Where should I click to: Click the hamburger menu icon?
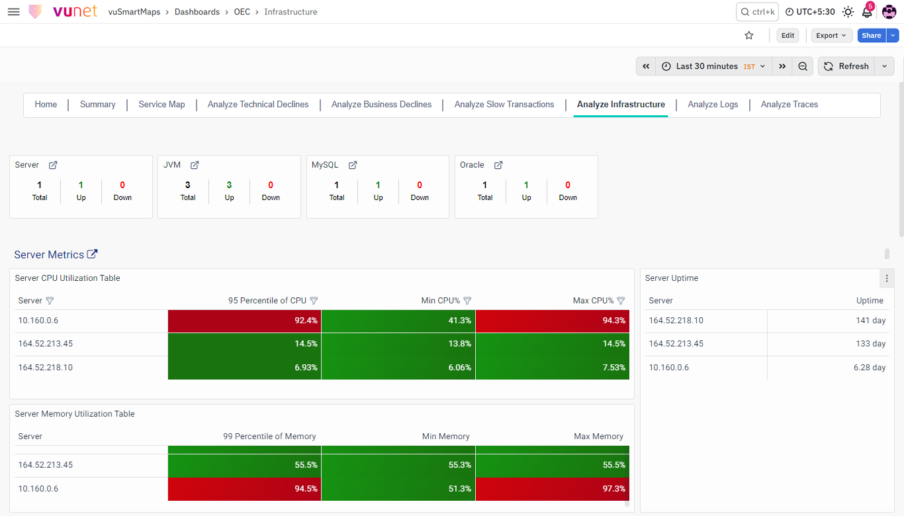[x=14, y=12]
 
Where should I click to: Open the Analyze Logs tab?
[x=713, y=104]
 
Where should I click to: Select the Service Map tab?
[x=161, y=104]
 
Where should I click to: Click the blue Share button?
[x=872, y=36]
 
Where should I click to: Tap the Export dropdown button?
[x=831, y=36]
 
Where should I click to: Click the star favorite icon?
[x=749, y=36]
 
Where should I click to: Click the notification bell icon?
[x=867, y=12]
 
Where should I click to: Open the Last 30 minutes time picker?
[x=713, y=66]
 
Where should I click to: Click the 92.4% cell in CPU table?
[x=245, y=321]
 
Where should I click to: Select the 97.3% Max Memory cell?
[x=552, y=489]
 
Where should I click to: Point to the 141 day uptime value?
[x=870, y=321]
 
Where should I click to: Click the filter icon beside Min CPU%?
[x=467, y=301]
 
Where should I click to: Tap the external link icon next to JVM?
[x=195, y=165]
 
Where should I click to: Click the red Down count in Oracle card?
[x=567, y=185]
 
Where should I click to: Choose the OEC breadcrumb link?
[x=242, y=12]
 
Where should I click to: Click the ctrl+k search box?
[x=757, y=12]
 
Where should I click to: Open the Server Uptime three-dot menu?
[x=886, y=278]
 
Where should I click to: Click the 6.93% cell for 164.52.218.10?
[x=245, y=368]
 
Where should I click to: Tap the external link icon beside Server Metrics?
[x=92, y=254]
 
